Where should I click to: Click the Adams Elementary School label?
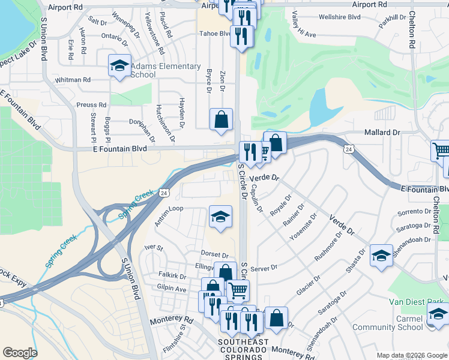coord(165,70)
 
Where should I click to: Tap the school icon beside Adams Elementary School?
coord(119,65)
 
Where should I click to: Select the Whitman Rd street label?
coord(72,79)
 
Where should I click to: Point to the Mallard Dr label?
coord(382,132)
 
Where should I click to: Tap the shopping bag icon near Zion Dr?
coord(221,119)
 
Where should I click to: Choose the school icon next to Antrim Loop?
coord(220,217)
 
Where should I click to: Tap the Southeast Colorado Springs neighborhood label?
coord(238,350)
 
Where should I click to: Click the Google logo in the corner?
coord(20,353)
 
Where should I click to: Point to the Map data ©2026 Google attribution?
coord(412,355)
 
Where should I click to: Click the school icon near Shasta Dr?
coord(381,256)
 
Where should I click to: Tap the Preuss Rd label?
coord(91,105)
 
